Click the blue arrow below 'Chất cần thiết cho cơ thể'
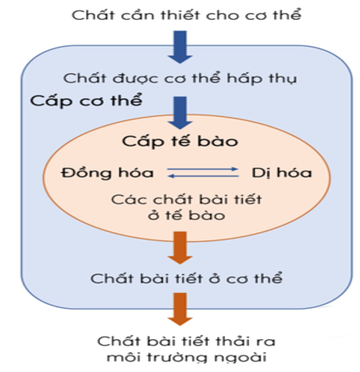(180, 47)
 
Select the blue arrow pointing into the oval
(180, 113)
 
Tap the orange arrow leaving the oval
(180, 248)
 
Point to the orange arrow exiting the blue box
(180, 309)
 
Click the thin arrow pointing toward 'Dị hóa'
(202, 169)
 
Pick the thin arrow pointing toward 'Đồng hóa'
(202, 176)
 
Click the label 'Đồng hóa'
(107, 172)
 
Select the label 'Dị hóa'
(282, 173)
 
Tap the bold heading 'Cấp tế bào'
(180, 141)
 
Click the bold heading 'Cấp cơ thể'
(86, 100)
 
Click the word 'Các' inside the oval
(124, 200)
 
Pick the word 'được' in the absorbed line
(134, 78)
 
